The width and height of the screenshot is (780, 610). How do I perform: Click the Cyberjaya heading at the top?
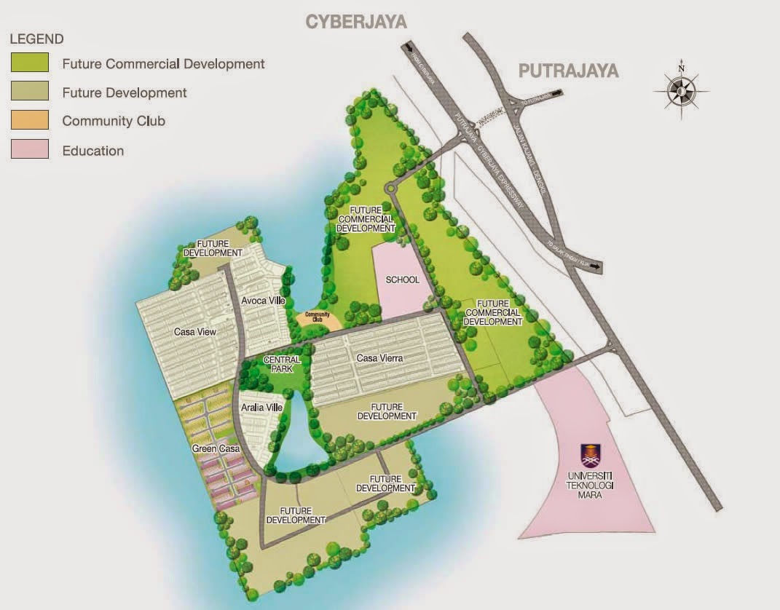coord(355,21)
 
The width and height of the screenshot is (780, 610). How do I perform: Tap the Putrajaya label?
coord(568,71)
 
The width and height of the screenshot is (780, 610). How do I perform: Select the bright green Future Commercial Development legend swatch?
coord(29,63)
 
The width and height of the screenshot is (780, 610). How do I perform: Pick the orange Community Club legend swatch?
coord(29,121)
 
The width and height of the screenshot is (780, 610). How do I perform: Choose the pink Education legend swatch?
coord(29,151)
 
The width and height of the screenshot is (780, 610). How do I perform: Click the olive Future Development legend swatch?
coord(29,92)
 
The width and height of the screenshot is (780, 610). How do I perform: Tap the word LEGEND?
coord(36,39)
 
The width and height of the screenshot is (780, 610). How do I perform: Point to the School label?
coord(403,280)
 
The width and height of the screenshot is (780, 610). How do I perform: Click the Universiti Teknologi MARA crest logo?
coord(591,456)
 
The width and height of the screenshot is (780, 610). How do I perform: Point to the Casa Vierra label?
coord(379,358)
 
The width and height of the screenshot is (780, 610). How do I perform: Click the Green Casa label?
coord(216,449)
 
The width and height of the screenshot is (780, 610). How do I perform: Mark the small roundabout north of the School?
coord(391,189)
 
